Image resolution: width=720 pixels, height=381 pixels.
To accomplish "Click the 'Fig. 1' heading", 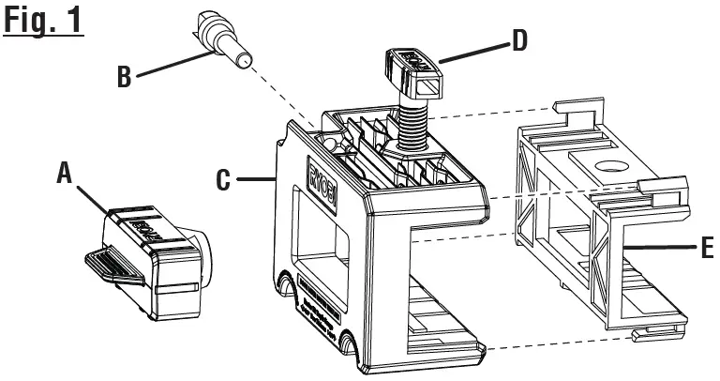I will point(43,21).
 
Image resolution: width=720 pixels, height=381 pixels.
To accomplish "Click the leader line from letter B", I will point(169,66).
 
